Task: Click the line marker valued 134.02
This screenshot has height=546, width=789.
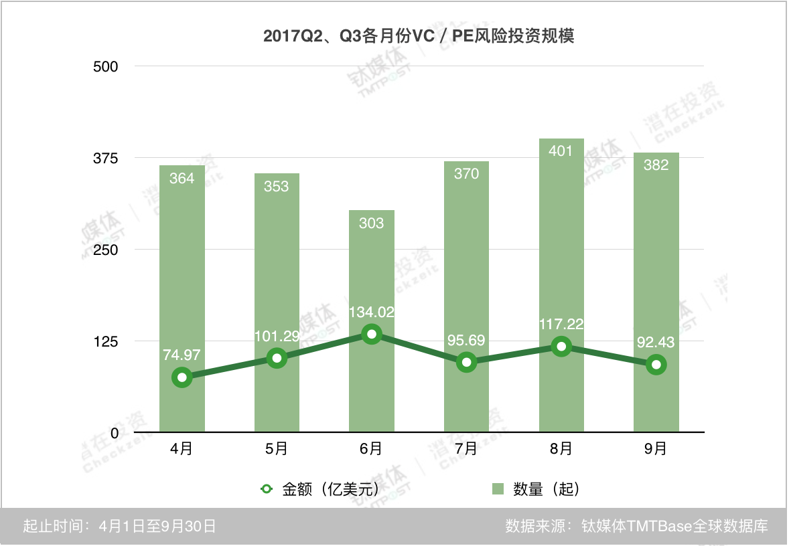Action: pos(372,334)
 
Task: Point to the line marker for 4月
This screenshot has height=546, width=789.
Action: pos(182,377)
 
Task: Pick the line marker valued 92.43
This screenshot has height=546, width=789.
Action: pos(656,365)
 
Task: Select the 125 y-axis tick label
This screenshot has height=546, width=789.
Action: pos(105,341)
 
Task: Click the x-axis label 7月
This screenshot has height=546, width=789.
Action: pos(466,449)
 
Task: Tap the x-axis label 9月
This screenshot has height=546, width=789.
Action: pos(656,449)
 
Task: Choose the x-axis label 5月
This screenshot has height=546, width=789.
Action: pos(277,449)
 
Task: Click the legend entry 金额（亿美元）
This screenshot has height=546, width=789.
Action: pos(321,489)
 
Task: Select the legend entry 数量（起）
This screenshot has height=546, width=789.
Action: pos(537,489)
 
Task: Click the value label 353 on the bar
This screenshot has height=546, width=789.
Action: pos(277,186)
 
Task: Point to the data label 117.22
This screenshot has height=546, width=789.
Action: pos(561,325)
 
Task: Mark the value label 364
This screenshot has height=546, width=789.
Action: pos(182,178)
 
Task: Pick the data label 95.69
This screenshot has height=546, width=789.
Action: pos(466,340)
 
